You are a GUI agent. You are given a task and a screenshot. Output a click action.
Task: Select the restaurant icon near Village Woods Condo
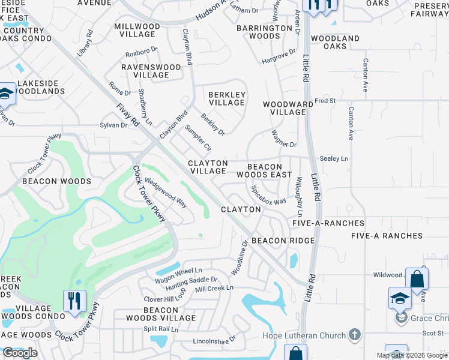(x=74, y=301)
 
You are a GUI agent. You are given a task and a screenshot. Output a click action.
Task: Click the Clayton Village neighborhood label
(x=208, y=167)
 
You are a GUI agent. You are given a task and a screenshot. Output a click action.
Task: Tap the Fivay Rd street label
(x=129, y=114)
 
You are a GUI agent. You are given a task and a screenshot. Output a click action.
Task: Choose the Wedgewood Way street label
(x=166, y=192)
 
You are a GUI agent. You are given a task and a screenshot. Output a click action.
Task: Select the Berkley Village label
(x=227, y=98)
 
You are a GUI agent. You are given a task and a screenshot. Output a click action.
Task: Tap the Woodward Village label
(x=288, y=108)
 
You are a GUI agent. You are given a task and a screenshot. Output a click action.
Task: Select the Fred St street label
(x=325, y=101)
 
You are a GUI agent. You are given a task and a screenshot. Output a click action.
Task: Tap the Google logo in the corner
(x=20, y=353)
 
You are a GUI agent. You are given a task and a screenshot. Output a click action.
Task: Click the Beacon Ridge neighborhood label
(x=283, y=241)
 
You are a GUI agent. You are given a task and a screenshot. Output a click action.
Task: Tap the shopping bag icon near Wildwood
(x=417, y=279)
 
